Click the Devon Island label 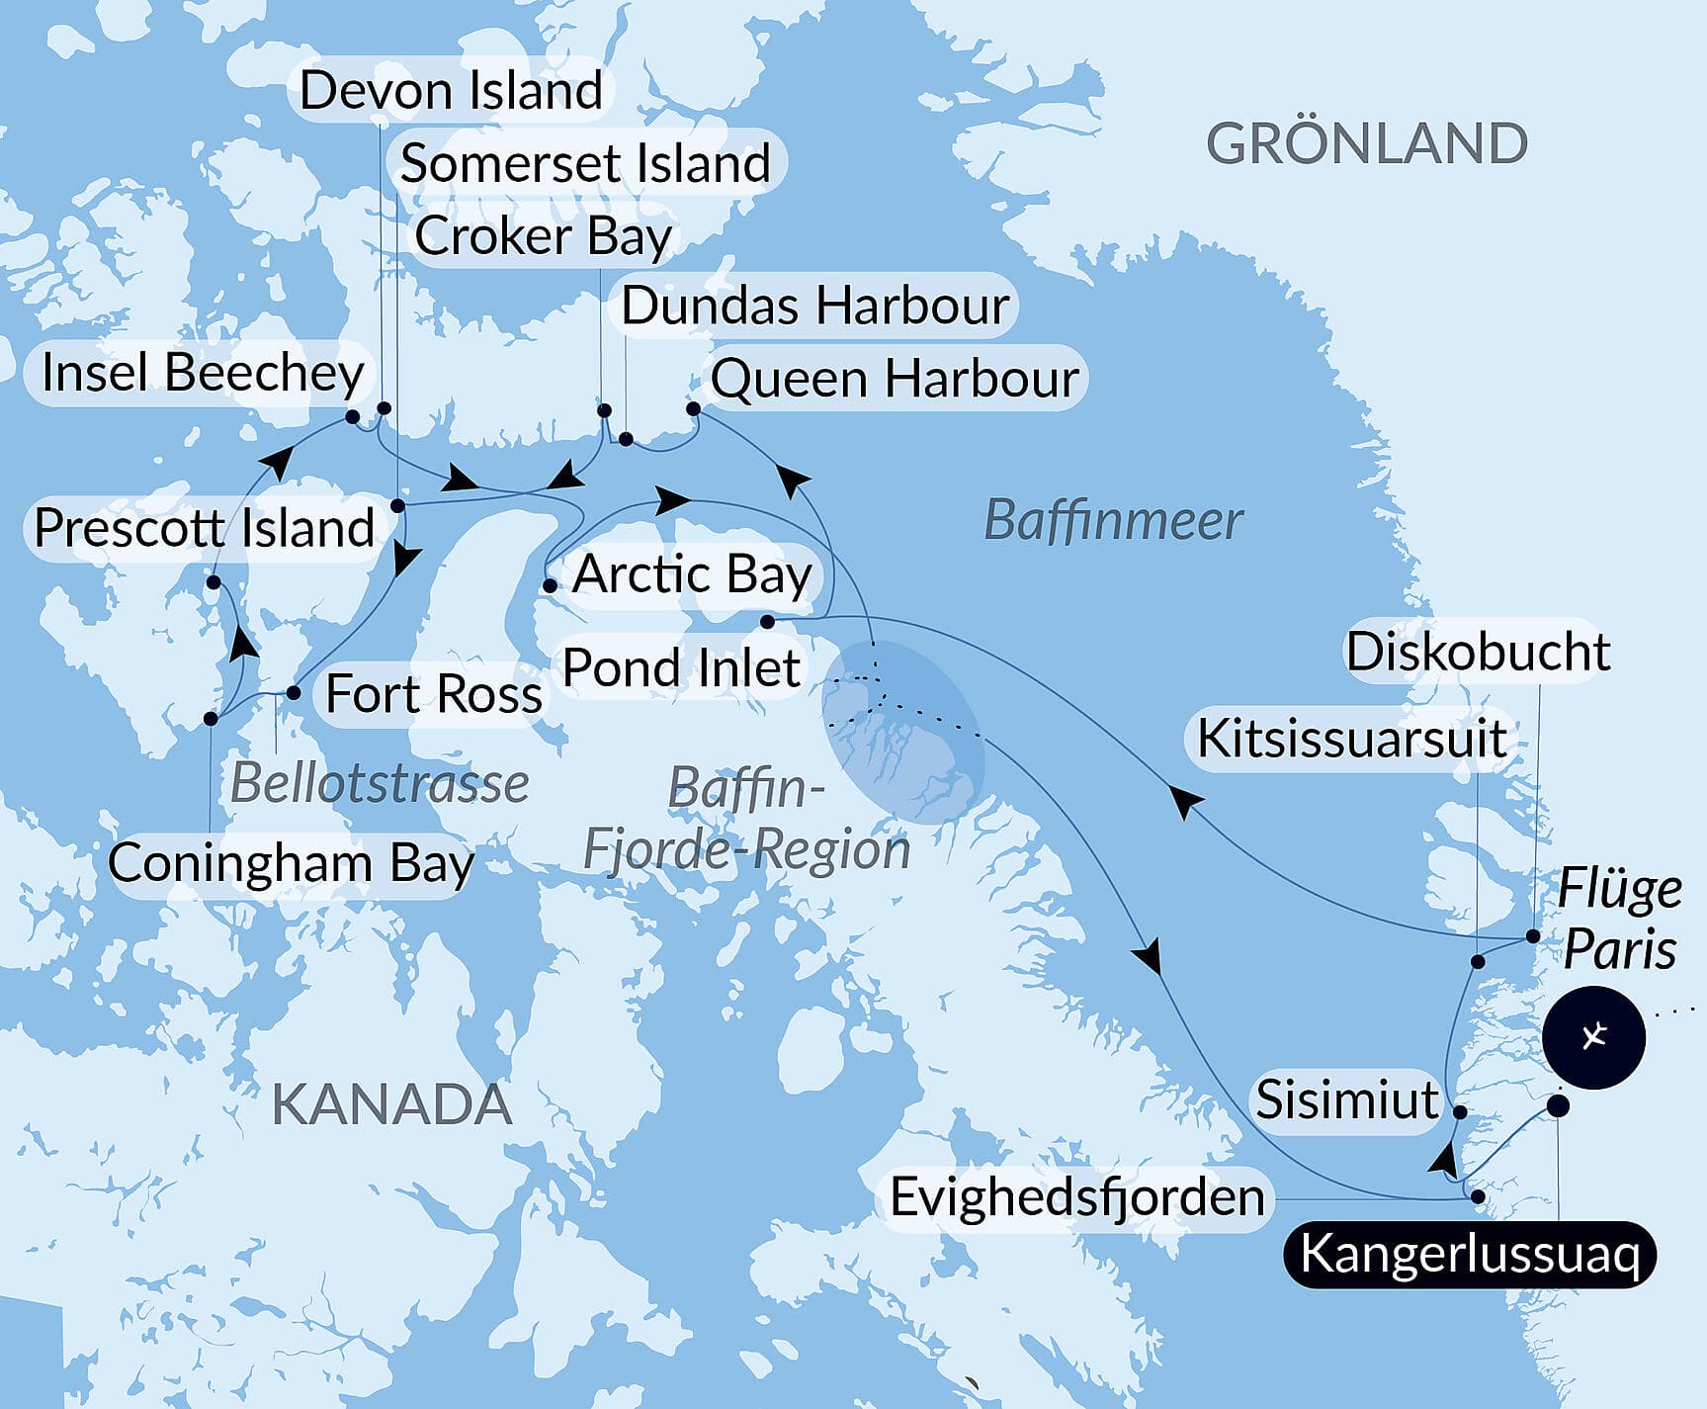click(x=452, y=91)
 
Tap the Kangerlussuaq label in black click(x=1469, y=1255)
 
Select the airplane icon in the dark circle click(x=1593, y=1037)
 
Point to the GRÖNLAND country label click(x=1367, y=144)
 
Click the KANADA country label click(x=391, y=1104)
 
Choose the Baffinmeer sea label click(x=1113, y=521)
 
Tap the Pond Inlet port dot click(x=767, y=622)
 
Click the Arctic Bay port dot click(x=551, y=586)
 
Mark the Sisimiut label click(x=1346, y=1100)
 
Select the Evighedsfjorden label click(x=1076, y=1197)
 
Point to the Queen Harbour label click(x=895, y=379)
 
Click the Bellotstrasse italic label click(x=380, y=784)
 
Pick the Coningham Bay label click(x=291, y=863)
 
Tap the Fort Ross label click(x=434, y=694)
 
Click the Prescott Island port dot click(x=213, y=582)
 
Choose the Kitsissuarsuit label click(x=1351, y=739)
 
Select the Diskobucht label click(x=1478, y=653)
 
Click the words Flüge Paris click(x=1619, y=920)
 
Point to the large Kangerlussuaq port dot click(x=1558, y=1105)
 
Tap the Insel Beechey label click(x=203, y=374)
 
